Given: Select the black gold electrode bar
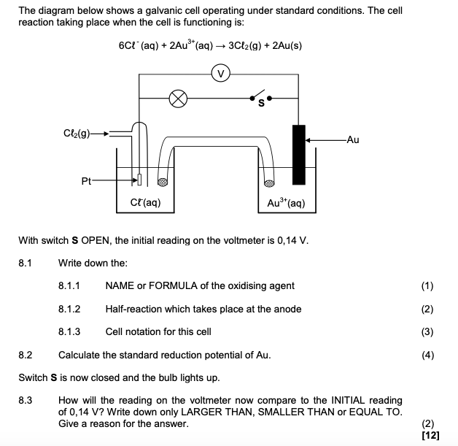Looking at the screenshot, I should click(298, 155).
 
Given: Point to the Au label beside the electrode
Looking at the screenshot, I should click(354, 139).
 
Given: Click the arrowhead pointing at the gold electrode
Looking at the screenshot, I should click(309, 139).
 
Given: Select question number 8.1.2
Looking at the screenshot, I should click(69, 309).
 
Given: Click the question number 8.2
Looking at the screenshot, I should click(26, 355).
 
